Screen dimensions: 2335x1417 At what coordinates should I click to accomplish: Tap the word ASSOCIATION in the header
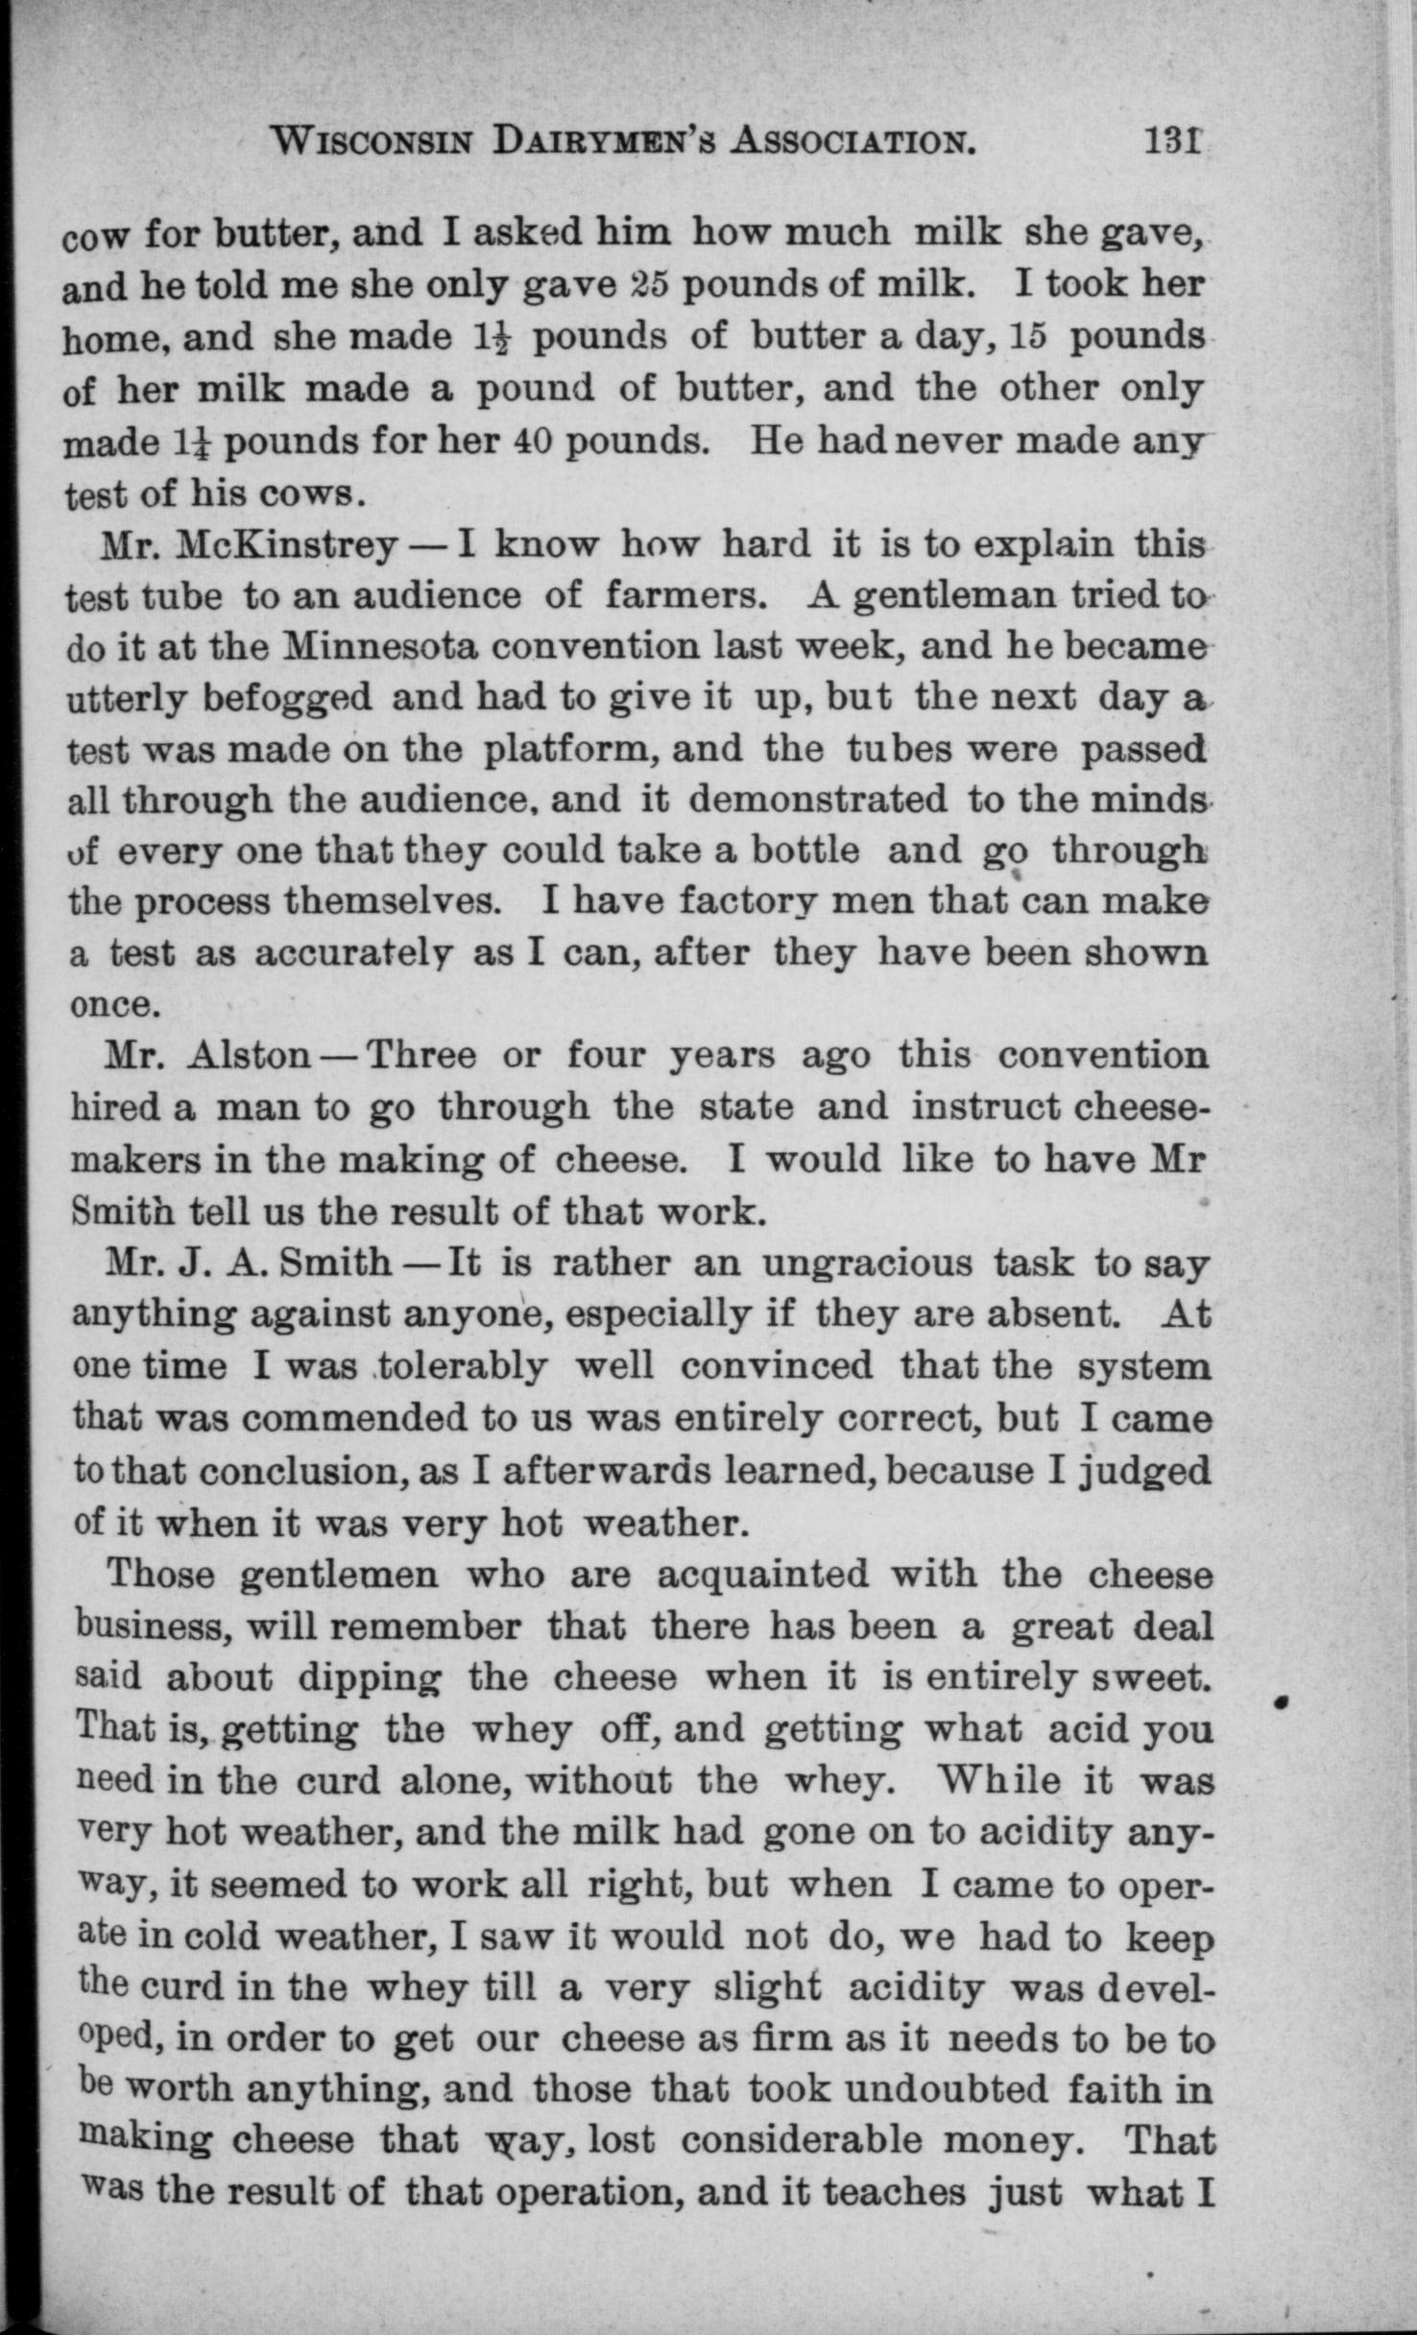853,143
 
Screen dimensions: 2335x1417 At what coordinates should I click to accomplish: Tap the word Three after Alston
421,1056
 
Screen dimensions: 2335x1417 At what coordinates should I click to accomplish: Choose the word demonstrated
818,799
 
